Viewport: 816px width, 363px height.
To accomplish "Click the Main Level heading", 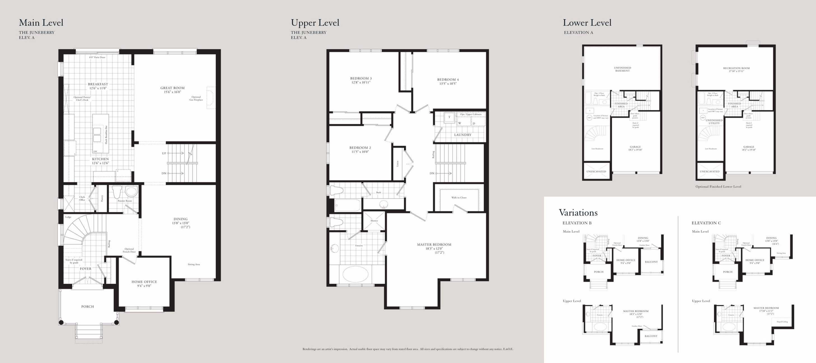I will (x=41, y=22).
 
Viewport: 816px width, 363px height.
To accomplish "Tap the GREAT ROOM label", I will (x=172, y=90).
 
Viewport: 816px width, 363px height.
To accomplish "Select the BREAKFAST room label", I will (x=98, y=86).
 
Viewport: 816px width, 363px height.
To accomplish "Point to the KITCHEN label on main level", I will (x=100, y=161).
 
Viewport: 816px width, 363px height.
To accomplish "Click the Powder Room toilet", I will (x=117, y=192).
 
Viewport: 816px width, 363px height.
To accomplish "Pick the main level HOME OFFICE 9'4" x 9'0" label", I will (x=144, y=283).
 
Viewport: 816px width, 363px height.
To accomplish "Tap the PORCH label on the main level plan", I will (x=87, y=307).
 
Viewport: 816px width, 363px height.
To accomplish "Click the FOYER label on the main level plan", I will (x=86, y=269).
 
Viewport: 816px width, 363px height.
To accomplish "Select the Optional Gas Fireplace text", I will (x=196, y=98).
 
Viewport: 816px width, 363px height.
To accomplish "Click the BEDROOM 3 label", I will (x=361, y=80).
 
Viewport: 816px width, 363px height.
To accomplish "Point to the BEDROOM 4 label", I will (x=448, y=82).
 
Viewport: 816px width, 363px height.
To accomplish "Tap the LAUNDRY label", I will (x=463, y=135).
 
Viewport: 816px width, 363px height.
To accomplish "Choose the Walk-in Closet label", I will (x=459, y=197).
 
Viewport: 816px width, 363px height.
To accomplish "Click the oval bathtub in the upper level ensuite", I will (x=355, y=274).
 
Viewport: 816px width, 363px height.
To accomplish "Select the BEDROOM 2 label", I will (x=360, y=149).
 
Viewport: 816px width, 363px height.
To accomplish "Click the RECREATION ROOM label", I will (x=736, y=69).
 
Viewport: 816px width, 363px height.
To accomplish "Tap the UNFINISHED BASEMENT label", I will (x=622, y=69).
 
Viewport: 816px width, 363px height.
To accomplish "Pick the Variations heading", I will (x=578, y=212).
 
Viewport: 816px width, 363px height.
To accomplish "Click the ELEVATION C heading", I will (x=706, y=223).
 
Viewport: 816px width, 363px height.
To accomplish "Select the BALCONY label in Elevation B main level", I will (x=651, y=262).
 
